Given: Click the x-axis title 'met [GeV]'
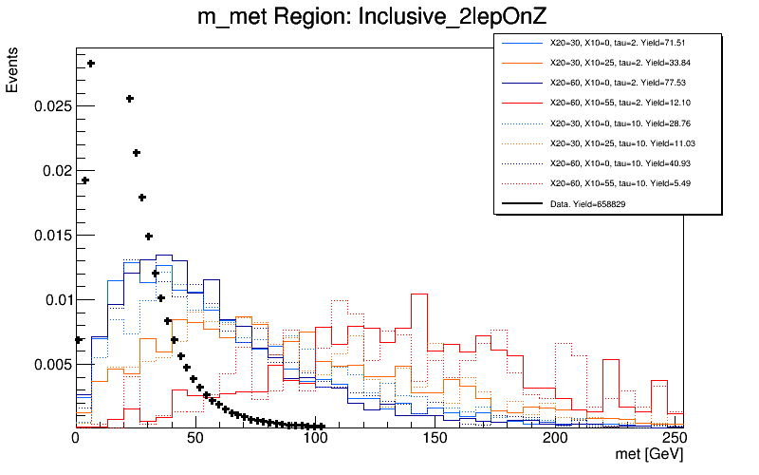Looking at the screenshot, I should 649,457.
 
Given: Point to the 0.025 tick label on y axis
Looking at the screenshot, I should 52,106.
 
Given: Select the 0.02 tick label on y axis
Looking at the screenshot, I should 56,171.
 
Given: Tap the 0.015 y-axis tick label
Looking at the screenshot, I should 52,236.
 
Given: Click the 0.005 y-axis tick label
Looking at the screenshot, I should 52,365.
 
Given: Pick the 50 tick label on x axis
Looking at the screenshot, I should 195,439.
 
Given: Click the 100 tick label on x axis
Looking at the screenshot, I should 315,439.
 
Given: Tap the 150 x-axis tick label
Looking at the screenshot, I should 435,439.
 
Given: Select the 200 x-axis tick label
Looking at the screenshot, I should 555,439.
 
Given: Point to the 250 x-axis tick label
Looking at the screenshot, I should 675,439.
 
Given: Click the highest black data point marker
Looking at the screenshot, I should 91,64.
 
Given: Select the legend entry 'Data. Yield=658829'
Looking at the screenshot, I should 587,203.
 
